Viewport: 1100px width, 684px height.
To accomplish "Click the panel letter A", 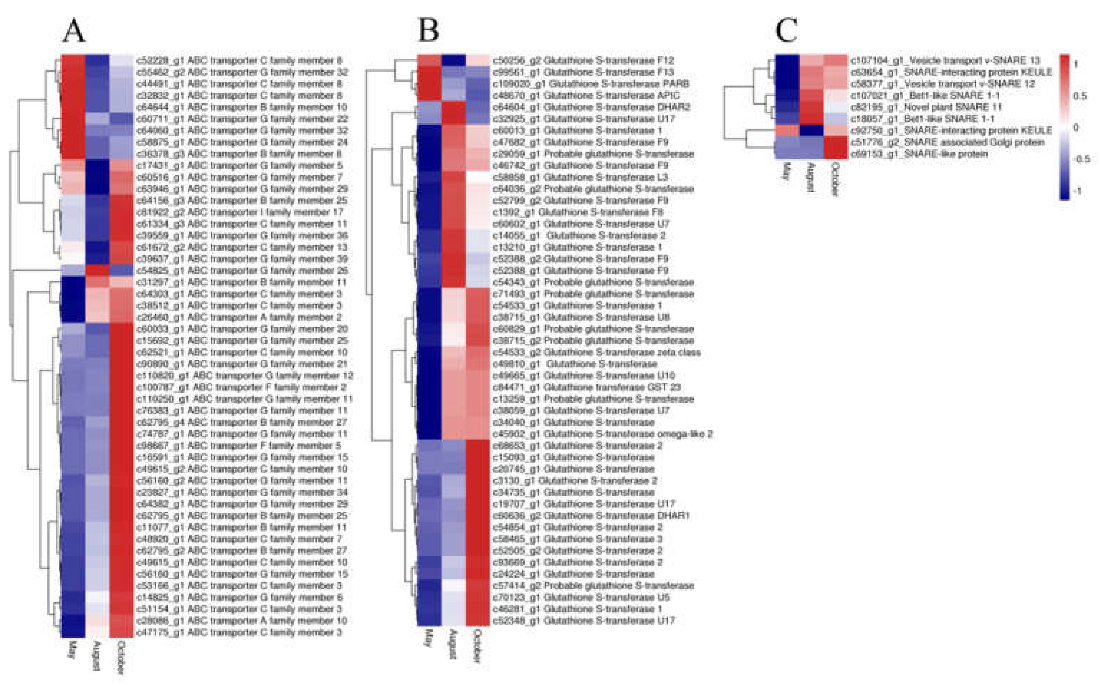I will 74,32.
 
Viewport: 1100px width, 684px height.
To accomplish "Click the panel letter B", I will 428,32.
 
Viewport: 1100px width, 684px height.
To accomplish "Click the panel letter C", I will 787,32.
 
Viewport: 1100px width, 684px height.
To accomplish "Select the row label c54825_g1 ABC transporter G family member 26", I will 242,270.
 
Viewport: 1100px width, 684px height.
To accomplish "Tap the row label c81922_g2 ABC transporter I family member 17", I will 240,212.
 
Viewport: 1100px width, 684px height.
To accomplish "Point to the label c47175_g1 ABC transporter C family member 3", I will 239,632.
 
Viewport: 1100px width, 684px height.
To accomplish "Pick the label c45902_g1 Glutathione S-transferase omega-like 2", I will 603,434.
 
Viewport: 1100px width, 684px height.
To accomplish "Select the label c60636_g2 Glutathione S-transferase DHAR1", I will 591,516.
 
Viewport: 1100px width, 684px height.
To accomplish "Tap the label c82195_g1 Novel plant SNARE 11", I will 926,107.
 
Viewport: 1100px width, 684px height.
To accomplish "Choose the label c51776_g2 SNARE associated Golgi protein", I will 948,142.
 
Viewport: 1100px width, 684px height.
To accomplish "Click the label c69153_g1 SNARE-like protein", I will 919,154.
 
